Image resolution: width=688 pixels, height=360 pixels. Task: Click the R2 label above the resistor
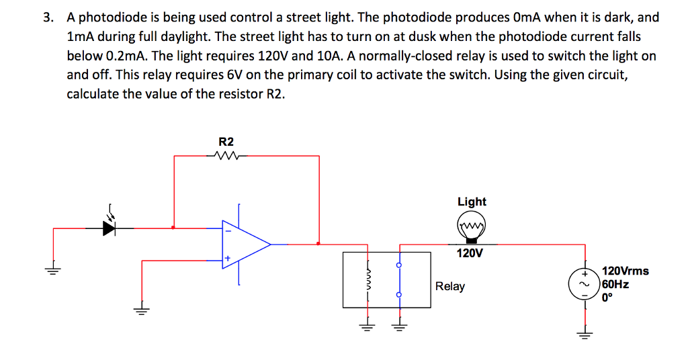(x=226, y=142)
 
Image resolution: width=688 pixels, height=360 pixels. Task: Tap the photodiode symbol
(x=110, y=228)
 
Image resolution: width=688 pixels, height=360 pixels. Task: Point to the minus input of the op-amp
(x=228, y=232)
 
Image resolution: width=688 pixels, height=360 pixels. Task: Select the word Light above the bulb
(x=472, y=201)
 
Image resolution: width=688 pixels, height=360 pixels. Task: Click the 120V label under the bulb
(x=470, y=254)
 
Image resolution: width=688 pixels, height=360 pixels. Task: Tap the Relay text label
(x=449, y=286)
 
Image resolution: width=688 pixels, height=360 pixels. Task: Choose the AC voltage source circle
(x=585, y=284)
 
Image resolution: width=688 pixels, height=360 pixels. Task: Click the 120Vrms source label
(x=626, y=271)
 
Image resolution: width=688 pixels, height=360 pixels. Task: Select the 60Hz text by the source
(x=616, y=284)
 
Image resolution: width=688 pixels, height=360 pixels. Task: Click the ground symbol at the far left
(x=53, y=271)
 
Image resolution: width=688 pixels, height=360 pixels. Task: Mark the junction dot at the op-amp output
(x=318, y=244)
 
